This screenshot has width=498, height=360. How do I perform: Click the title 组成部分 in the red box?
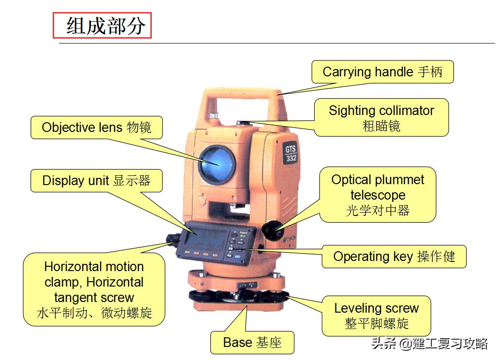click(106, 26)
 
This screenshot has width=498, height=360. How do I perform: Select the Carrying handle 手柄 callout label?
click(382, 72)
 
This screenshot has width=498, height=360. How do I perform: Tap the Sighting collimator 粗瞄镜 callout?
click(381, 117)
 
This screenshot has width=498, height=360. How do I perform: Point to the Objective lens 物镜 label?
click(97, 128)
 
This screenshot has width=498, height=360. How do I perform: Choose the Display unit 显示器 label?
click(97, 181)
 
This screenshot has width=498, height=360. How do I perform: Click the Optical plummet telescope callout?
click(378, 195)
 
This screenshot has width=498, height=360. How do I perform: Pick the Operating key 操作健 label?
click(394, 256)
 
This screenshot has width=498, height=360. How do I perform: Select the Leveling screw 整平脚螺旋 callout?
click(376, 316)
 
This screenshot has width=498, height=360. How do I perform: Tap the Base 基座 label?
click(252, 343)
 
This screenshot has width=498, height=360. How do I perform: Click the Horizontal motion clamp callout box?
click(94, 289)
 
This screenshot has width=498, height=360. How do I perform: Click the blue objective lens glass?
click(217, 164)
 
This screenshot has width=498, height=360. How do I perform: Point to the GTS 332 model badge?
click(291, 153)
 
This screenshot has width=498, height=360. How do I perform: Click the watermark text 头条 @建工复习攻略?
click(429, 343)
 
